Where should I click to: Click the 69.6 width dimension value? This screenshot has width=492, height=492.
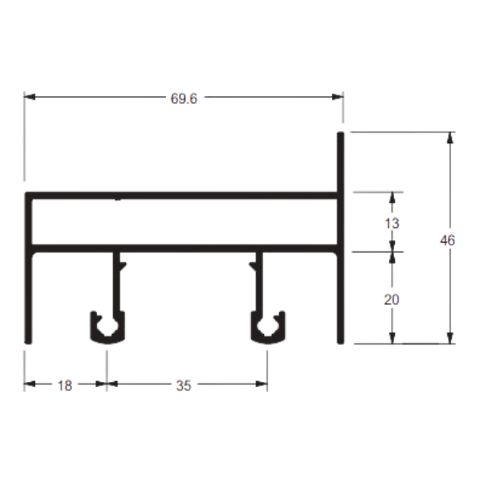(184, 99)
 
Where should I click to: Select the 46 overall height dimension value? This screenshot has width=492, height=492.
(447, 240)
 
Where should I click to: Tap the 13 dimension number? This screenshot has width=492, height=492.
(392, 224)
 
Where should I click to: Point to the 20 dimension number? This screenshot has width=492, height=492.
(392, 300)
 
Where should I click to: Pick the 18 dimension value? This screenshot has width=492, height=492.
(65, 385)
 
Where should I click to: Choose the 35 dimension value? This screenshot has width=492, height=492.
(184, 385)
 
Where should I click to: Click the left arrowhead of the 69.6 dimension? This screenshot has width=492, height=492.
(30, 97)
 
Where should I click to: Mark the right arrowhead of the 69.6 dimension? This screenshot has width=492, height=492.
(337, 97)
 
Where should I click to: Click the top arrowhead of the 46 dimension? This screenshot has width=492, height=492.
(450, 138)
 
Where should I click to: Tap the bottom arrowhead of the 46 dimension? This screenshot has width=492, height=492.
(450, 338)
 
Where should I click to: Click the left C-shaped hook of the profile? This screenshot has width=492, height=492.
(107, 328)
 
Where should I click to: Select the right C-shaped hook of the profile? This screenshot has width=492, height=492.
(268, 328)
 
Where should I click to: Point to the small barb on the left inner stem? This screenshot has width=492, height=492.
(123, 266)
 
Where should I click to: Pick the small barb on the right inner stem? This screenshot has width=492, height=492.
(253, 266)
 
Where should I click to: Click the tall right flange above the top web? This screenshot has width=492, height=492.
(341, 162)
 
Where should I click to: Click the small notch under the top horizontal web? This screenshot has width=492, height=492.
(118, 199)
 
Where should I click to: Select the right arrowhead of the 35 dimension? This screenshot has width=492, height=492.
(261, 384)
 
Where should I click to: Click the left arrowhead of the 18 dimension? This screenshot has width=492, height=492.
(30, 384)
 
